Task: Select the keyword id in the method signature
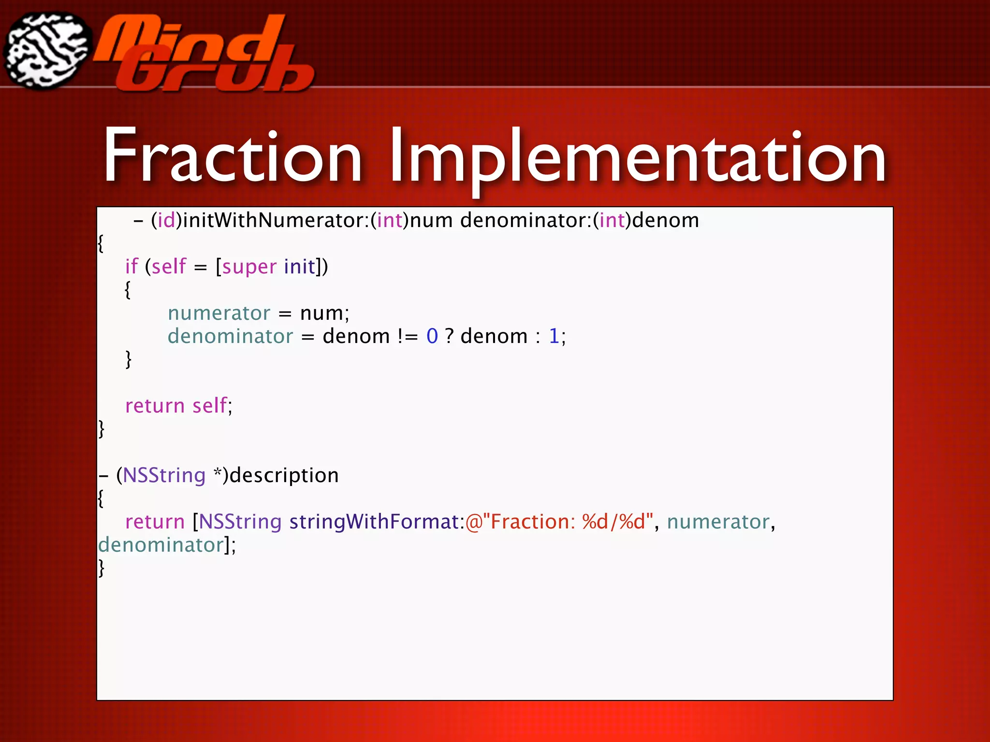click(x=166, y=221)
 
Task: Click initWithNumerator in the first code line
click(x=273, y=221)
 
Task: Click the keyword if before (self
click(x=131, y=266)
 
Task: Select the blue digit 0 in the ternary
click(x=432, y=336)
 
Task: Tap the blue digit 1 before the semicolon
click(x=554, y=336)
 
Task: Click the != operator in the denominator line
click(x=408, y=336)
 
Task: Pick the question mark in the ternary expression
click(x=449, y=336)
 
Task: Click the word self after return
click(x=209, y=406)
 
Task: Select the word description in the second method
click(x=284, y=475)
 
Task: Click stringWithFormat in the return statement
click(x=374, y=522)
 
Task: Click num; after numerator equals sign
click(x=324, y=314)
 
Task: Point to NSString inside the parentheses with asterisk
click(x=164, y=475)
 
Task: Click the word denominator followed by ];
click(x=160, y=545)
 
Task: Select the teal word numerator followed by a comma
click(x=718, y=522)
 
